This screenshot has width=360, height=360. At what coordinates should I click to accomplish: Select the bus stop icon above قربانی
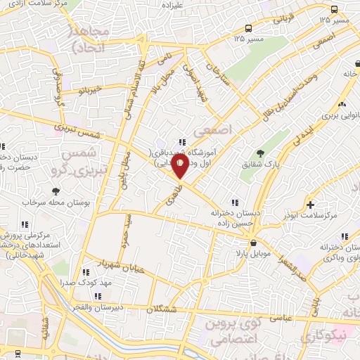click(x=334, y=9)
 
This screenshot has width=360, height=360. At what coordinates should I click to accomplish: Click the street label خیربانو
click(x=91, y=90)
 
